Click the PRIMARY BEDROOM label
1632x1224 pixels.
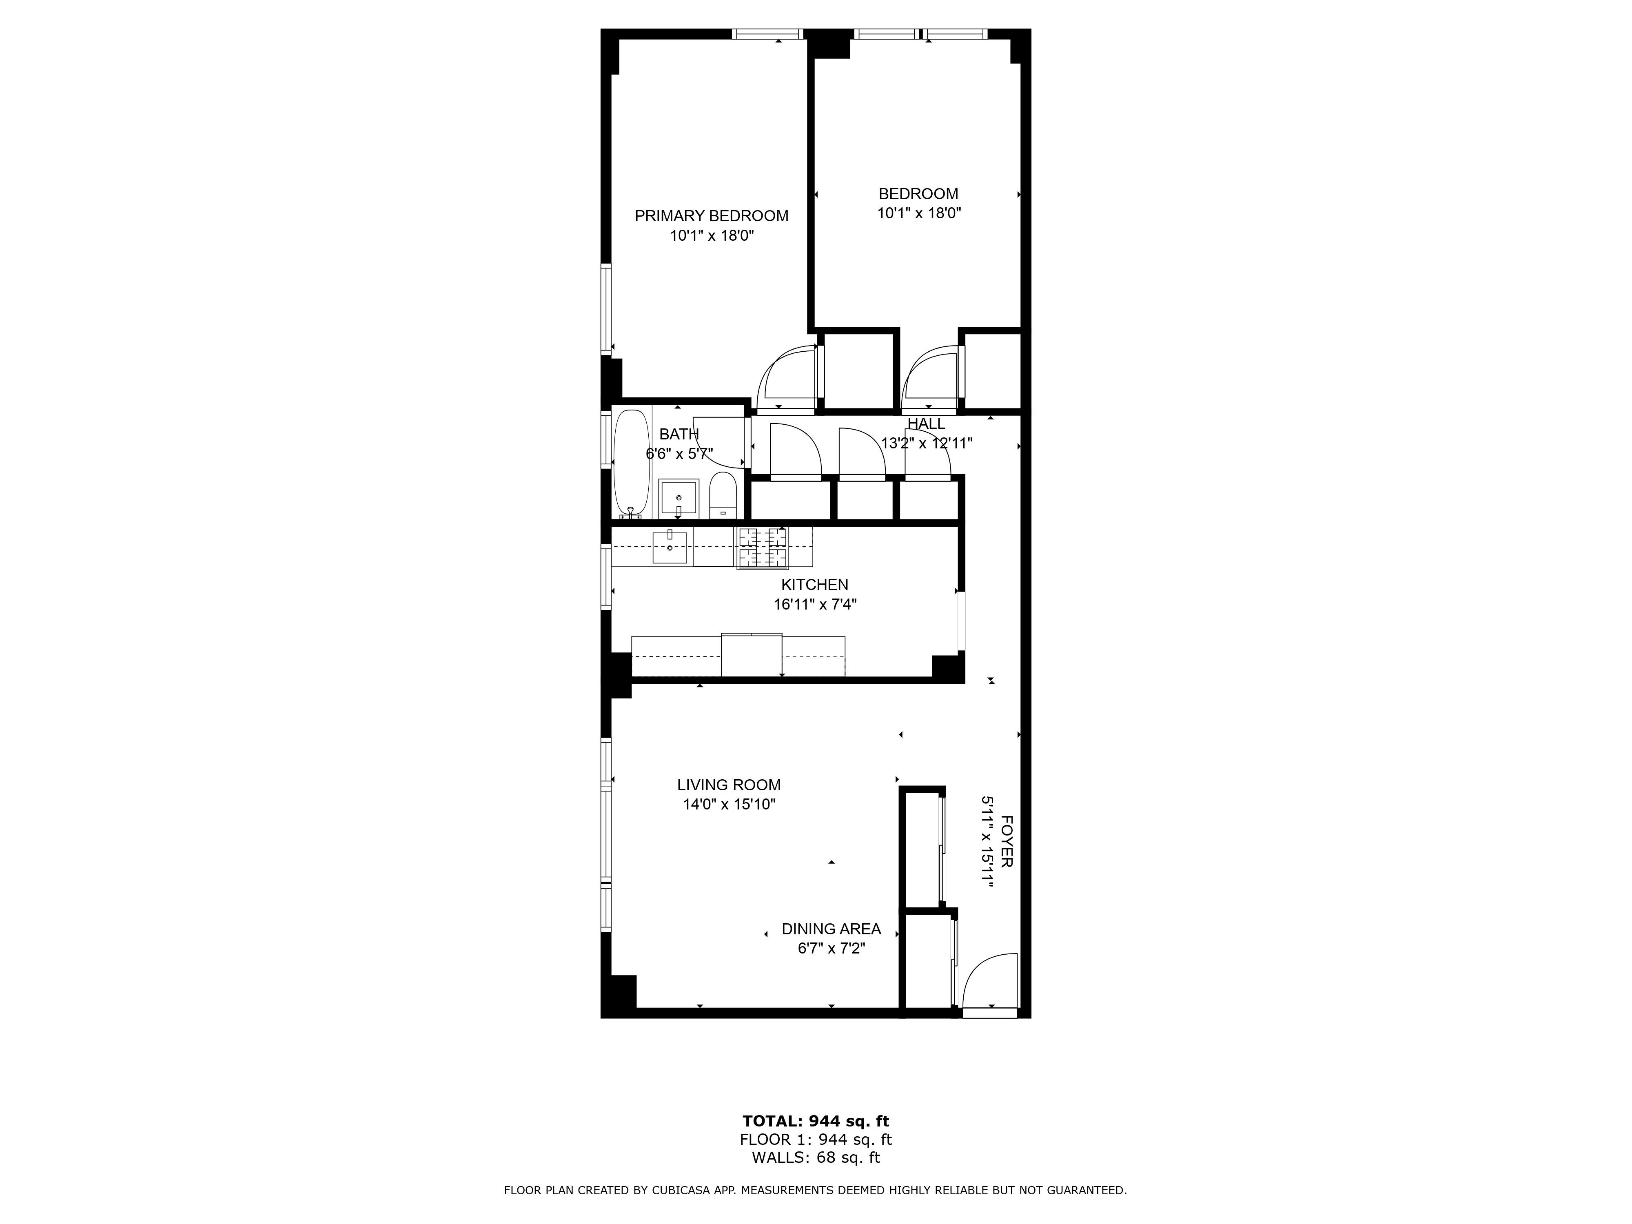711,216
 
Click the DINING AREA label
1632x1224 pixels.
831,929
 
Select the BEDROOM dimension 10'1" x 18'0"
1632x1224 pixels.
918,214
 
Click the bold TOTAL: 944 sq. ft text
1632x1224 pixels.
815,1122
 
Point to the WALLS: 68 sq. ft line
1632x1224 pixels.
815,1157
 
